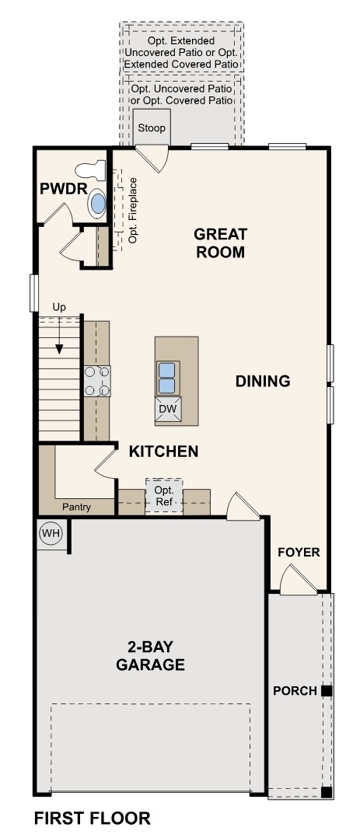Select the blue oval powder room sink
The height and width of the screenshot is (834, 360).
[98, 204]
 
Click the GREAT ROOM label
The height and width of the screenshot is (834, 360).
[220, 243]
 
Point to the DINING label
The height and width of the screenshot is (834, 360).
[263, 381]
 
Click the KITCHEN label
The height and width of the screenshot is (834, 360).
[163, 451]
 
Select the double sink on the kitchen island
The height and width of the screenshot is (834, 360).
[167, 377]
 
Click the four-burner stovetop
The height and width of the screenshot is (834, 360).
[97, 381]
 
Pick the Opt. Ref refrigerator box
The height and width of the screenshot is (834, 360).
[164, 497]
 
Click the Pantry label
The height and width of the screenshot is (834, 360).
[77, 508]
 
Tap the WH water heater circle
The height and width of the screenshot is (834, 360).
[51, 533]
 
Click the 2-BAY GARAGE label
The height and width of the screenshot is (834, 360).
[150, 654]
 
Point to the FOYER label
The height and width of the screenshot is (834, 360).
[299, 552]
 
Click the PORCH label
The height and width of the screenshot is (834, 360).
[294, 690]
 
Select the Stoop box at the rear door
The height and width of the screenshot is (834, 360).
[152, 127]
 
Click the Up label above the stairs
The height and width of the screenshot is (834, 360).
[59, 307]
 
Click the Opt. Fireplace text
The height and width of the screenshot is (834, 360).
[133, 210]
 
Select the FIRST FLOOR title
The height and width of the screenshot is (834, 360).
[92, 818]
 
